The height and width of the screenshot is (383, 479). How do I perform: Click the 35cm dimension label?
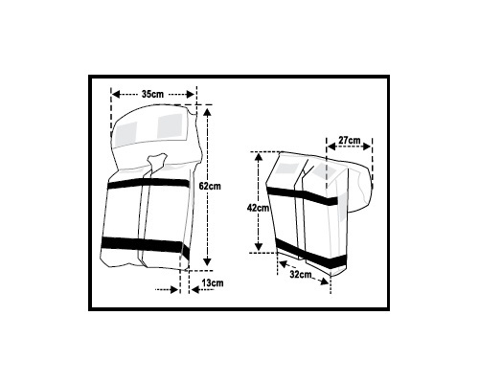(152, 94)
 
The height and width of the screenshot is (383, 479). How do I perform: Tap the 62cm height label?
(210, 186)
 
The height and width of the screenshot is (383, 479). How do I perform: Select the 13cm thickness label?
(213, 282)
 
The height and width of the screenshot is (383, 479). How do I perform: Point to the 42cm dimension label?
(259, 208)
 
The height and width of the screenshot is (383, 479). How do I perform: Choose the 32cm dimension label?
(301, 274)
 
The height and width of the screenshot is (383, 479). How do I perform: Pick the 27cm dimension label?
(350, 140)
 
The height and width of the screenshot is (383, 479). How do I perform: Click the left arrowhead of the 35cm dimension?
(116, 94)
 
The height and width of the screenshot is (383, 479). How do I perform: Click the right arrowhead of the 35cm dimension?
(191, 94)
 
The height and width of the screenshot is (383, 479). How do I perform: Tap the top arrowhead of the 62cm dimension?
(208, 112)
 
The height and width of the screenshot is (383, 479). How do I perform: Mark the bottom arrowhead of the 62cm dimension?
(208, 261)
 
